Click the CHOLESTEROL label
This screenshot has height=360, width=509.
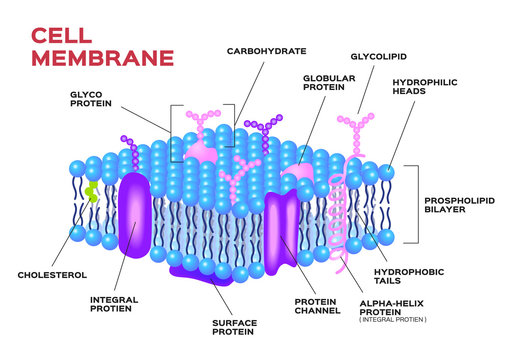[52, 274]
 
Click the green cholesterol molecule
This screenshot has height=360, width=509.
[92, 191]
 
